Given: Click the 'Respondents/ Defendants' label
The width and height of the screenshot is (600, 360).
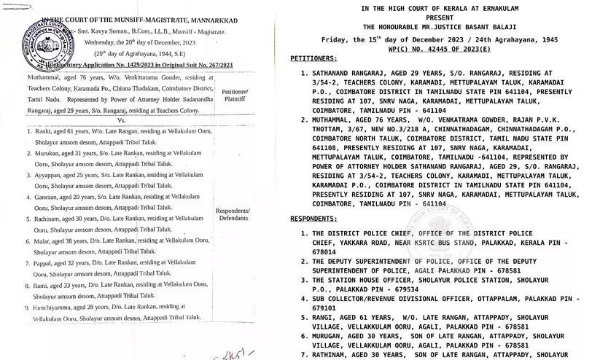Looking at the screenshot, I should tap(234, 214).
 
